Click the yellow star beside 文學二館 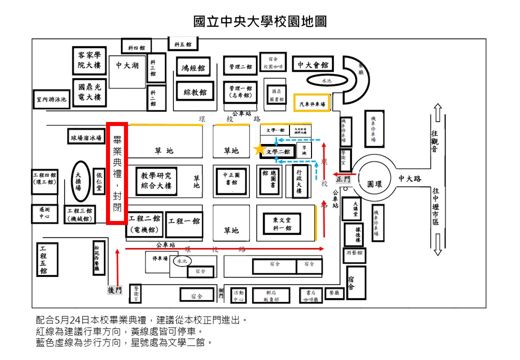click(259, 149)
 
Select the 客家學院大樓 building click(89, 60)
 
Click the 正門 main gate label click(343, 178)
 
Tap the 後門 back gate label click(114, 289)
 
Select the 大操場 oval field click(78, 178)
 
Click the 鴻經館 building click(193, 67)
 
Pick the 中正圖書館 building click(231, 178)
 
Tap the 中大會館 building click(313, 65)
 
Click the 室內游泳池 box click(50, 99)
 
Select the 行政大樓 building click(299, 180)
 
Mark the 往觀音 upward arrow click(437, 112)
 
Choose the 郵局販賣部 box click(271, 295)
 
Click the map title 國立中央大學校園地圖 click(260, 21)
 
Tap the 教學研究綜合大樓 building click(156, 180)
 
